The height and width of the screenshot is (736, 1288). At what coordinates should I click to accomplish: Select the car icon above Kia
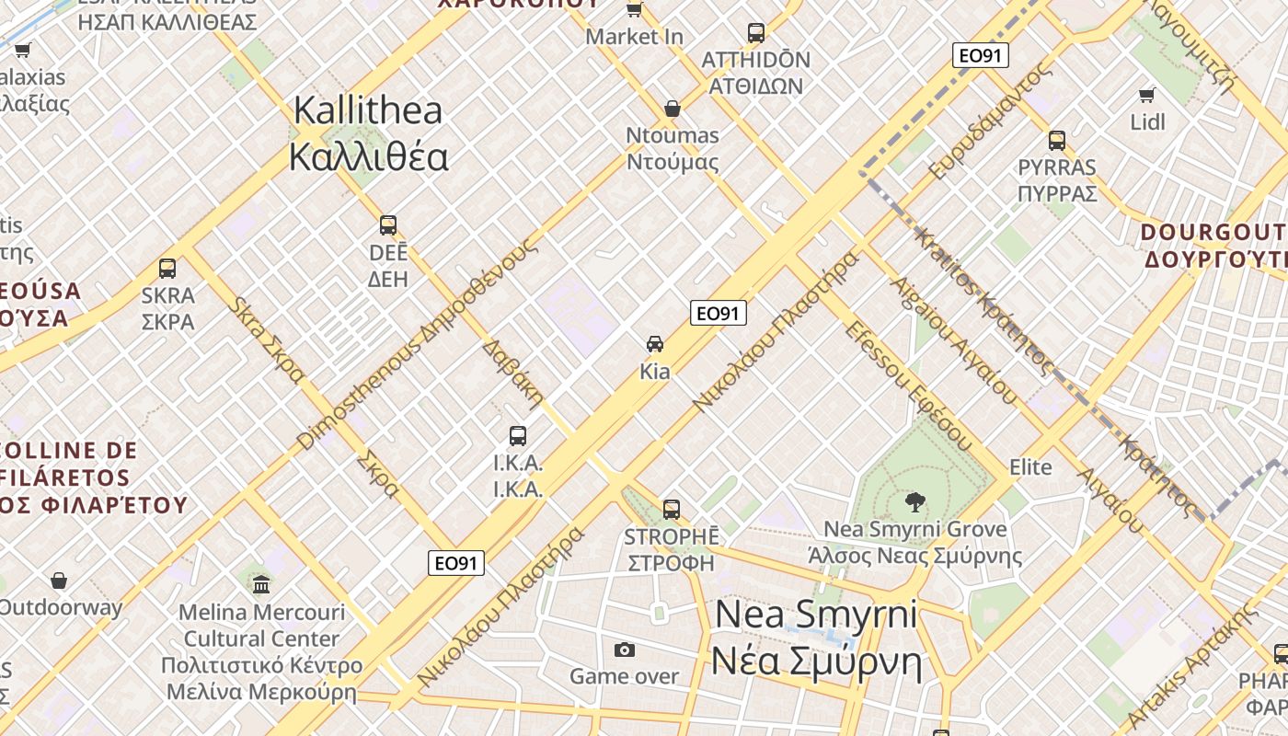pyautogui.click(x=655, y=344)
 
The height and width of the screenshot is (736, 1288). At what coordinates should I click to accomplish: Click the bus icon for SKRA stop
pyautogui.click(x=167, y=269)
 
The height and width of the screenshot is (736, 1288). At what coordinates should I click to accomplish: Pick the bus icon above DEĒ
pyautogui.click(x=388, y=225)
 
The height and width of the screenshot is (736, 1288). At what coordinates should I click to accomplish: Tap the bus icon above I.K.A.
pyautogui.click(x=518, y=436)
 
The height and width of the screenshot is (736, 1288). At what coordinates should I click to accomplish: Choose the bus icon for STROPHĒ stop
pyautogui.click(x=672, y=509)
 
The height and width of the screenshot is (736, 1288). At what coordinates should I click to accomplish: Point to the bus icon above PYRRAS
pyautogui.click(x=1057, y=141)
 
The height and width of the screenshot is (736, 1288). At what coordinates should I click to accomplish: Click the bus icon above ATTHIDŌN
pyautogui.click(x=756, y=33)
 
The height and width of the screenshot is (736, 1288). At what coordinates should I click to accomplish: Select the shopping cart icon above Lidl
pyautogui.click(x=1147, y=95)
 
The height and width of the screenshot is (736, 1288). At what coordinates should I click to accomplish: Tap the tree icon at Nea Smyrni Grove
pyautogui.click(x=914, y=502)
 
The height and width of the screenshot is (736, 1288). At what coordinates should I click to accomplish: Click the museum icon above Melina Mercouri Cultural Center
pyautogui.click(x=261, y=584)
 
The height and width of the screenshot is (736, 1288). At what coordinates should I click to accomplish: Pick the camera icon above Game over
pyautogui.click(x=625, y=650)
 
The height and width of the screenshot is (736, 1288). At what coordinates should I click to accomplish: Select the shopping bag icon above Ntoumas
pyautogui.click(x=673, y=109)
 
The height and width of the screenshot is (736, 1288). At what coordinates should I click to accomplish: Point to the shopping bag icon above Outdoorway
pyautogui.click(x=59, y=581)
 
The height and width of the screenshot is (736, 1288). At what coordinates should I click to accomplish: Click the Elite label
pyautogui.click(x=1030, y=466)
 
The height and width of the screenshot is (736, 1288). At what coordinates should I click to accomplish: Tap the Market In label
pyautogui.click(x=634, y=37)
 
